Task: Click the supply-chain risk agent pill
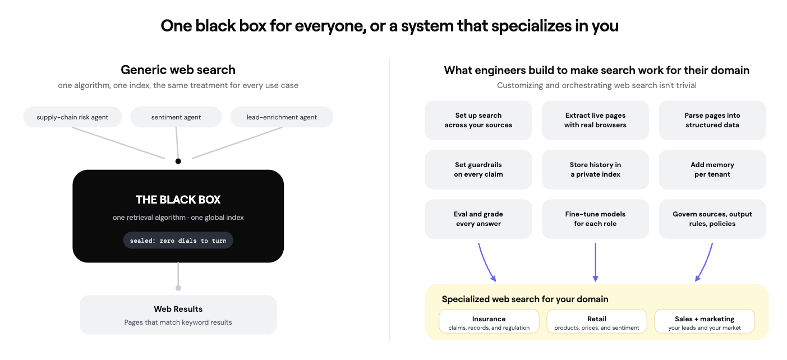[x=72, y=117]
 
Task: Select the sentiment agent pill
[x=176, y=117]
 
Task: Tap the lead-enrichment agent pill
[x=282, y=117]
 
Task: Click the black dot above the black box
[x=178, y=161]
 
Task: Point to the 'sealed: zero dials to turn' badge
[x=178, y=241]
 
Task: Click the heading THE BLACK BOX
[x=178, y=200]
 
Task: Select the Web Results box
[x=178, y=315]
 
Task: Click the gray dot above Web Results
[x=178, y=288]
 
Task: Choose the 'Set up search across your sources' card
[x=478, y=120]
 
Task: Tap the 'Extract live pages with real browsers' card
[x=595, y=120]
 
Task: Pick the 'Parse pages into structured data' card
[x=712, y=120]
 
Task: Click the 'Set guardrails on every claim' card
[x=478, y=170]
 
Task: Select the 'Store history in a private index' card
[x=595, y=170]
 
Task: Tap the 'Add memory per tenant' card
[x=712, y=170]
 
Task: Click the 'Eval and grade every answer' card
[x=478, y=219]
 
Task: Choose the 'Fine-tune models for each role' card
[x=595, y=219]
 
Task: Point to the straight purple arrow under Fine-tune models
[x=595, y=262]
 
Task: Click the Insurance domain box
[x=489, y=321]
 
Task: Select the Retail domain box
[x=597, y=321]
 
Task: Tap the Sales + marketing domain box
[x=705, y=321]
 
